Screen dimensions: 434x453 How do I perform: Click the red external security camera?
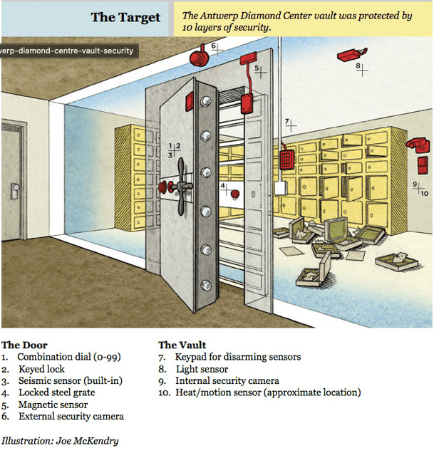pyautogui.click(x=199, y=57)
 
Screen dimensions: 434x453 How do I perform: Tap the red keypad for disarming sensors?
pyautogui.click(x=287, y=160)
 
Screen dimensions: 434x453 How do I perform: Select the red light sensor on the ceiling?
pyautogui.click(x=352, y=54)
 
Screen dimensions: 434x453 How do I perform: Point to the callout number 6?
pyautogui.click(x=213, y=46)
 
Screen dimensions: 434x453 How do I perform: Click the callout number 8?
pyautogui.click(x=358, y=66)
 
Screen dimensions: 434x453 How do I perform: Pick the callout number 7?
pyautogui.click(x=286, y=121)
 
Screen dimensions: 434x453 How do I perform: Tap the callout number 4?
pyautogui.click(x=222, y=185)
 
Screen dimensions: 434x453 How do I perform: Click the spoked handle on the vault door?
pyautogui.click(x=182, y=187)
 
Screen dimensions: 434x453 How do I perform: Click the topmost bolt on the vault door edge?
pyautogui.click(x=206, y=101)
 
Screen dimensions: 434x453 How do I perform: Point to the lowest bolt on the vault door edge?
pyautogui.click(x=206, y=286)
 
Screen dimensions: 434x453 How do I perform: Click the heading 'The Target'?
pyautogui.click(x=125, y=18)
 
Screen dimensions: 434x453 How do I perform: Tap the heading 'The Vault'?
pyautogui.click(x=182, y=345)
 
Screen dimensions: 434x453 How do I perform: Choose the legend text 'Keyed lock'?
pyautogui.click(x=41, y=369)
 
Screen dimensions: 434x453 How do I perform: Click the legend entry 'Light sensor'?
pyautogui.click(x=202, y=369)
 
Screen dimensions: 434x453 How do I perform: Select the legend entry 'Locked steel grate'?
pyautogui.click(x=57, y=392)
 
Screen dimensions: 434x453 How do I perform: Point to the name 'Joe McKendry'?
pyautogui.click(x=88, y=441)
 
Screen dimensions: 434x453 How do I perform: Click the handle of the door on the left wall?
pyautogui.click(x=15, y=191)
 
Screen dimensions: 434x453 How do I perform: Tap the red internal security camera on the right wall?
pyautogui.click(x=418, y=145)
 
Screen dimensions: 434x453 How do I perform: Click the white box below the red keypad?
pyautogui.click(x=281, y=188)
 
